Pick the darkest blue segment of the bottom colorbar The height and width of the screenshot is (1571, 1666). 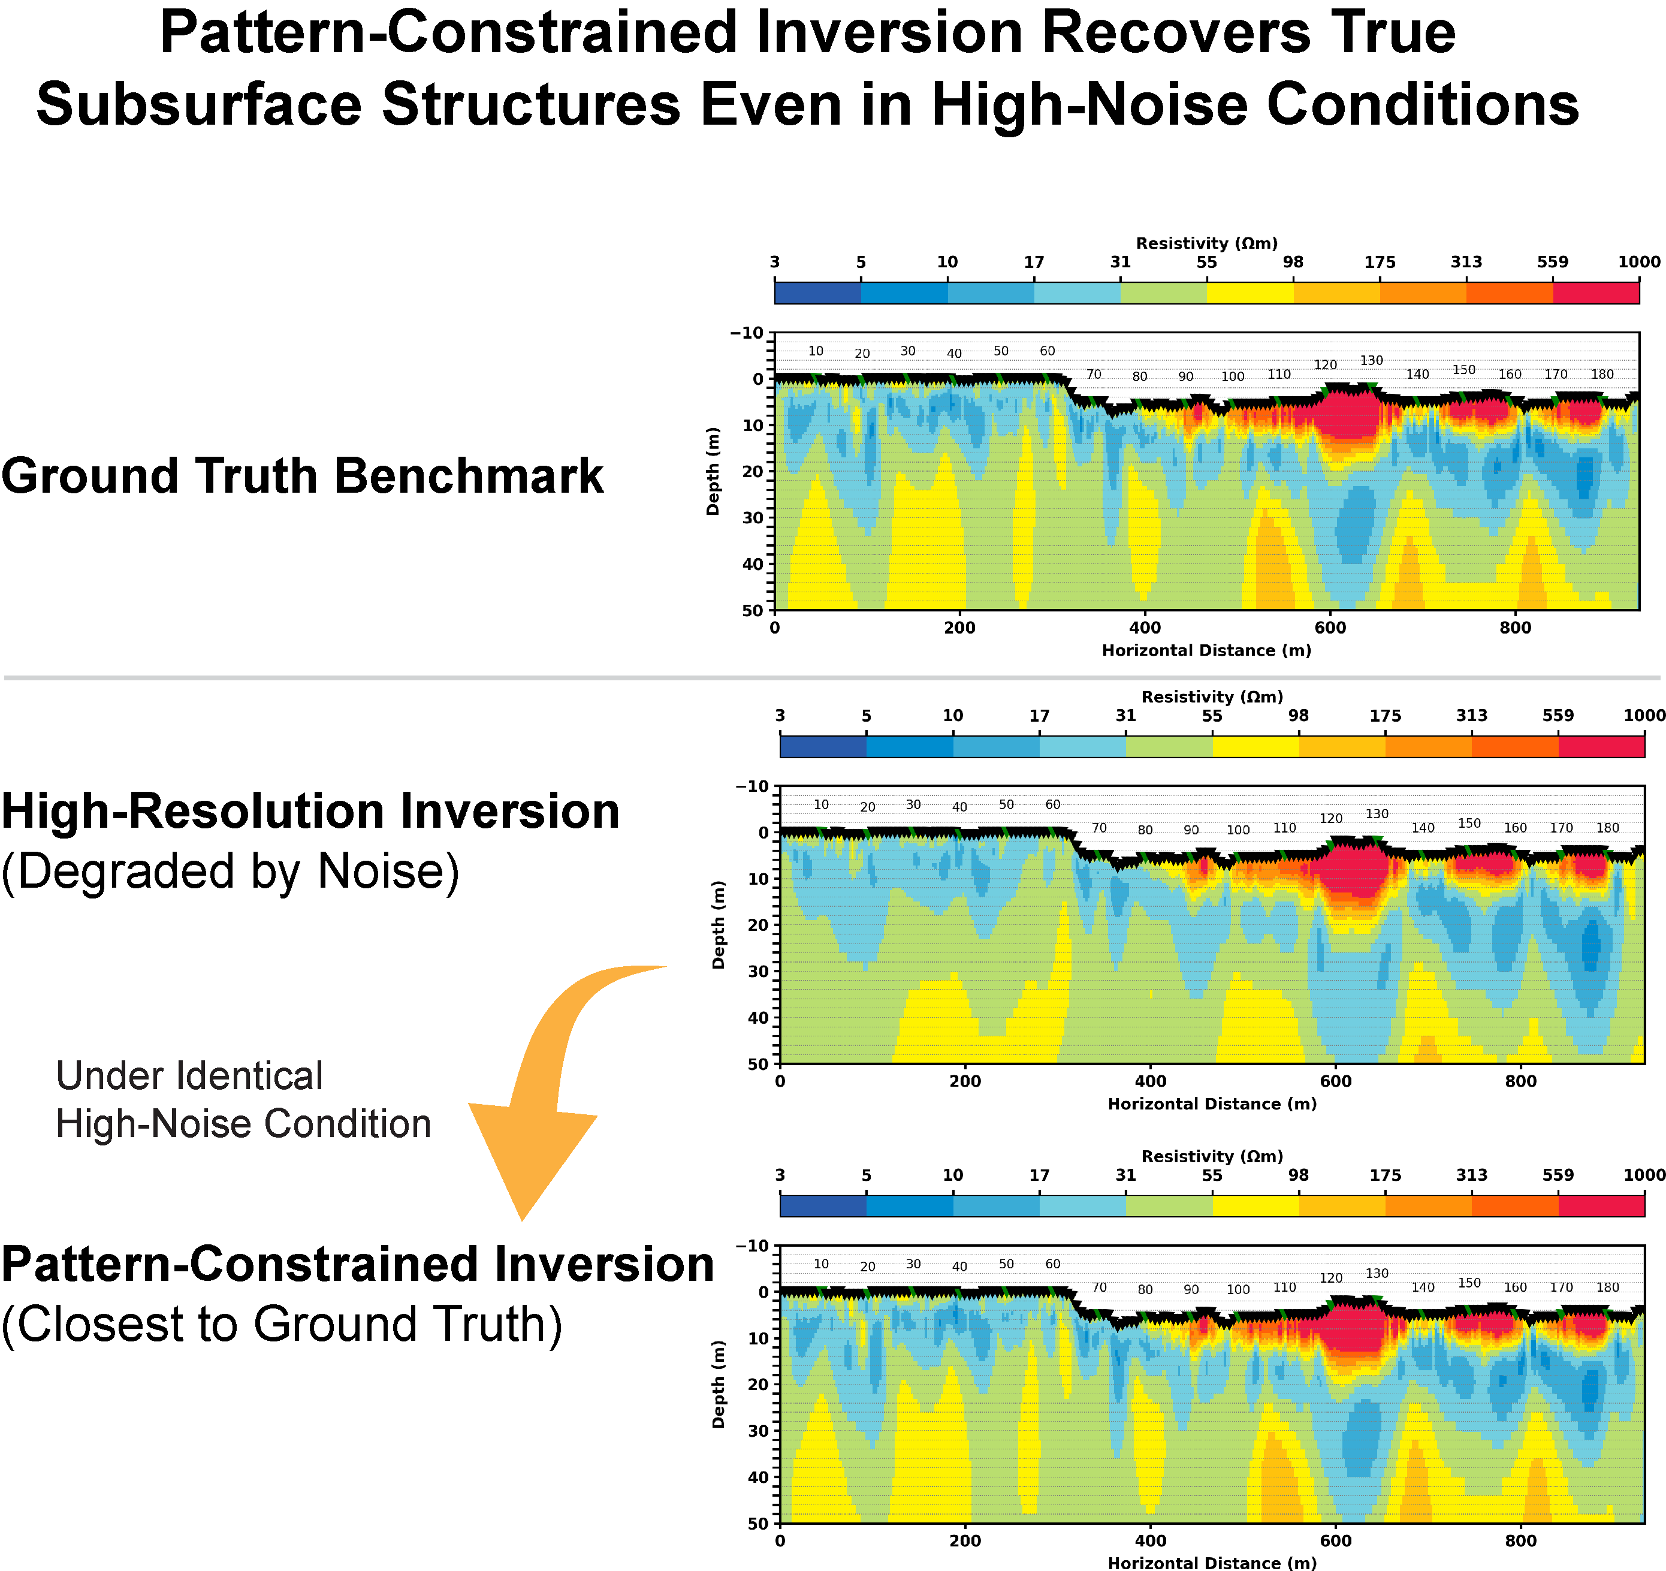pyautogui.click(x=822, y=1205)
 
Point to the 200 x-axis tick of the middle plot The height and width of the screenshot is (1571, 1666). pyautogui.click(x=965, y=1081)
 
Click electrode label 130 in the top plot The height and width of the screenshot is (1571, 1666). pyautogui.click(x=1371, y=360)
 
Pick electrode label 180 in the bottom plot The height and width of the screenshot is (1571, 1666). pyautogui.click(x=1607, y=1287)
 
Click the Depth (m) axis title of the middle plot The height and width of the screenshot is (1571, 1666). pyautogui.click(x=718, y=925)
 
